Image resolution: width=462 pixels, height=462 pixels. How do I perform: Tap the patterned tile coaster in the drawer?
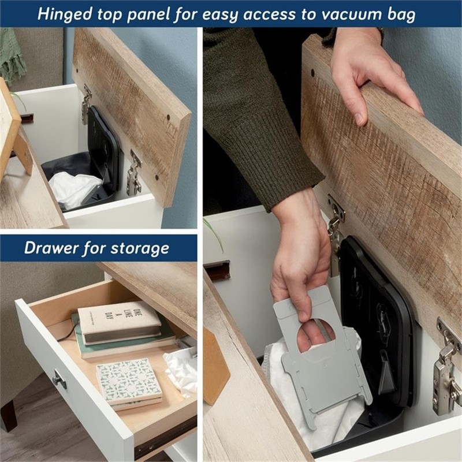pos(128,382)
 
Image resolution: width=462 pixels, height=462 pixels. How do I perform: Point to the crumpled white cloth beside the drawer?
pos(182,370)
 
